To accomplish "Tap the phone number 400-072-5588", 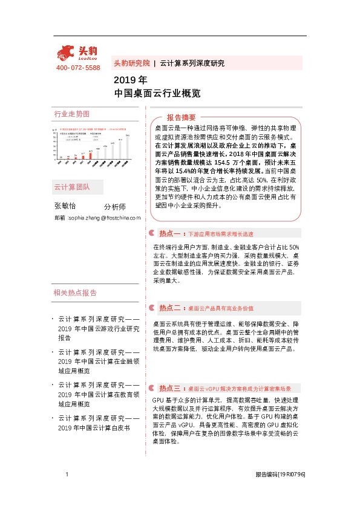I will [78, 68].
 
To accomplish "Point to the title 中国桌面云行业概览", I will [157, 94].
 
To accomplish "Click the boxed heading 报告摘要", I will [182, 117].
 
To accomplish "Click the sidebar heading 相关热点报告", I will [75, 293].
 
